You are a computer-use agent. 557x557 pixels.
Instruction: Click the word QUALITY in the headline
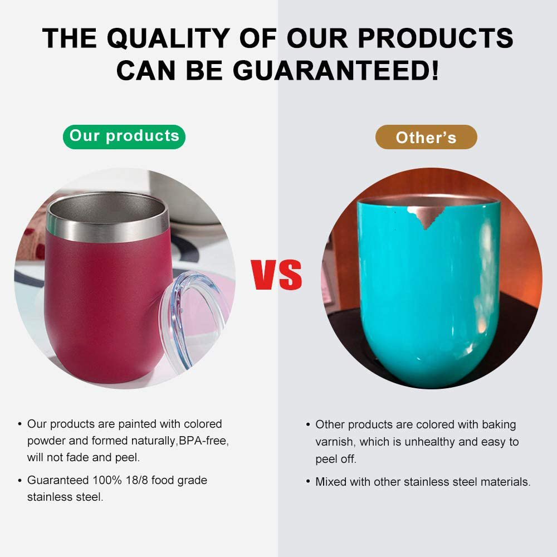coord(168,38)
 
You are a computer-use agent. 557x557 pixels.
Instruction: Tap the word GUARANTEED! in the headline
coord(336,70)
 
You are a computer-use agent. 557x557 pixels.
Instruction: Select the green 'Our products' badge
coord(124,137)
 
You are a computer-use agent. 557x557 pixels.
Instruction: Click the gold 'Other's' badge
coord(426,137)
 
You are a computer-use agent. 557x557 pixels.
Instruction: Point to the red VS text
coord(276,275)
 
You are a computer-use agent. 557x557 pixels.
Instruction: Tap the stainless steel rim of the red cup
coord(108,217)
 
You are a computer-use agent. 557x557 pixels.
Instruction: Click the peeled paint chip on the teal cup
coord(426,216)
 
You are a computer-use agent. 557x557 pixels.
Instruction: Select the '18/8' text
coord(137,480)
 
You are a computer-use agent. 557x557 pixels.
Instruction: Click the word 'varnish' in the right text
coord(335,442)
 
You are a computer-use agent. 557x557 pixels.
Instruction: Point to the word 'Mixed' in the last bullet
coord(331,482)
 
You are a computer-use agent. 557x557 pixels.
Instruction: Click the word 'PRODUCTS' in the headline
coord(436,38)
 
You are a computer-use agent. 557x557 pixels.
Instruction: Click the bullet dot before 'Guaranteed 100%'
coord(19,481)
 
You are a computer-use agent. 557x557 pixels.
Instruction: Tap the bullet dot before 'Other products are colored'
coord(308,425)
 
